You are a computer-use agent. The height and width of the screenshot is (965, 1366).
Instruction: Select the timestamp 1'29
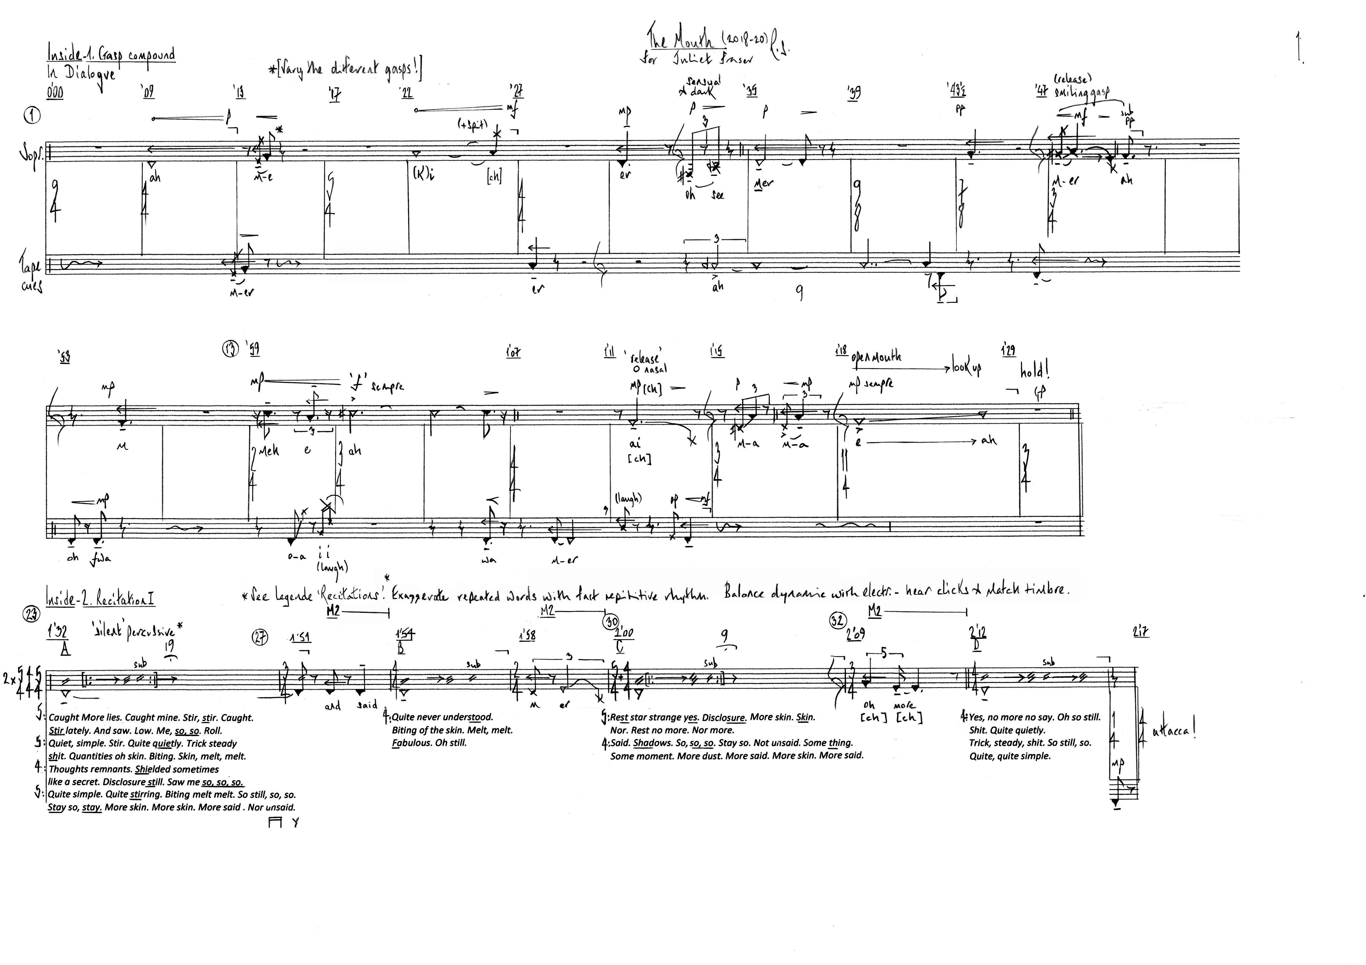pos(1008,351)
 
